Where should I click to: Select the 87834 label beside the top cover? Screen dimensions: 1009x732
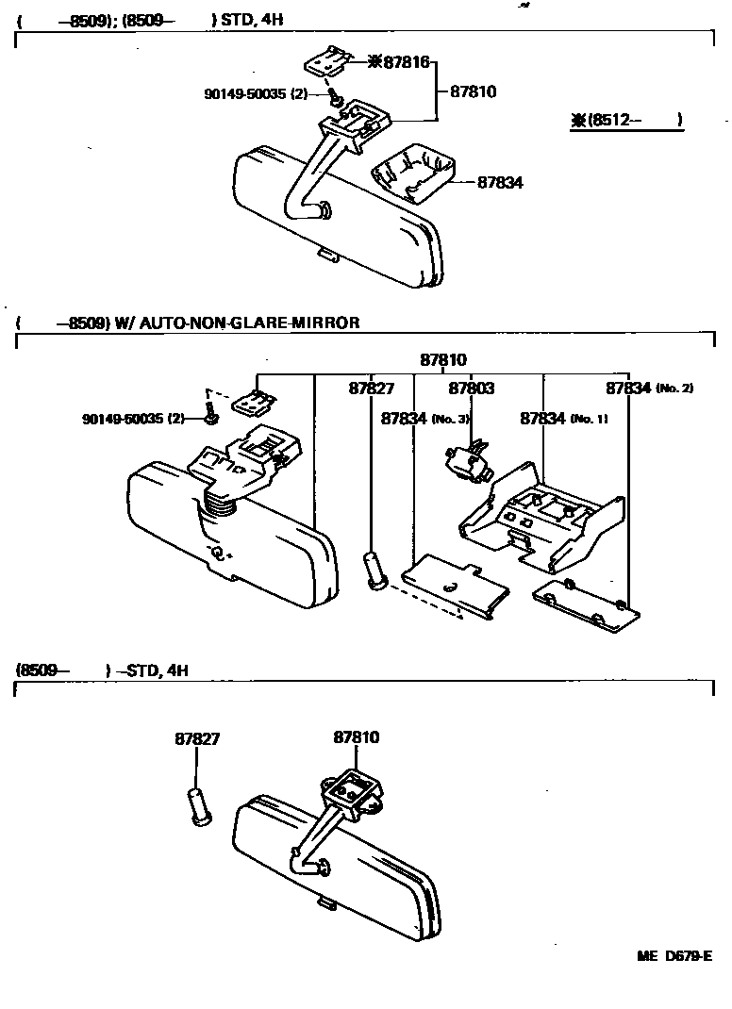click(500, 183)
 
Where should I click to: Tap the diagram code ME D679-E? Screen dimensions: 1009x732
click(674, 956)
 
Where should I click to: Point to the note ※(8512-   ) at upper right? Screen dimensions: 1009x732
click(626, 120)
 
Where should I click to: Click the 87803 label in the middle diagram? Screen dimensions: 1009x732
click(472, 388)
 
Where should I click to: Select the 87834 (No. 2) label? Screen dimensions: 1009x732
click(649, 388)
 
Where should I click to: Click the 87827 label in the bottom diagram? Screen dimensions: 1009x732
click(197, 738)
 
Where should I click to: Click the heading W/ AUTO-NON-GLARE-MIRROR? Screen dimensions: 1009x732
click(237, 323)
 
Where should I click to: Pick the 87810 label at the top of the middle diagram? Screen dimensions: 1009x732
click(443, 360)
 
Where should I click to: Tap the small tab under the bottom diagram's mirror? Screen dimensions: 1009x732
click(326, 903)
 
